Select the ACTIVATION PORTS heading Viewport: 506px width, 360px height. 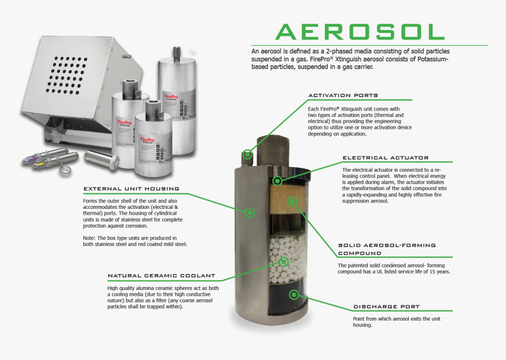[x=343, y=95]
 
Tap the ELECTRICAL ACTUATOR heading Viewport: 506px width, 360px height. [x=385, y=158]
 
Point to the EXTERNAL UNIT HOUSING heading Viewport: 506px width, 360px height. [x=131, y=189]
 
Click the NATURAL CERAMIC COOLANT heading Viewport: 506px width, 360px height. [x=161, y=275]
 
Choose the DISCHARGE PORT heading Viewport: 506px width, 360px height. [x=386, y=306]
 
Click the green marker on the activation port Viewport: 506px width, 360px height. [x=248, y=155]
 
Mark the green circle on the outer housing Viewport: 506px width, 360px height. [x=250, y=212]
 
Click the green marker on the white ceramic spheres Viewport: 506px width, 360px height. [x=284, y=262]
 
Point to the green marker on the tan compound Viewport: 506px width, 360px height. [x=291, y=202]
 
